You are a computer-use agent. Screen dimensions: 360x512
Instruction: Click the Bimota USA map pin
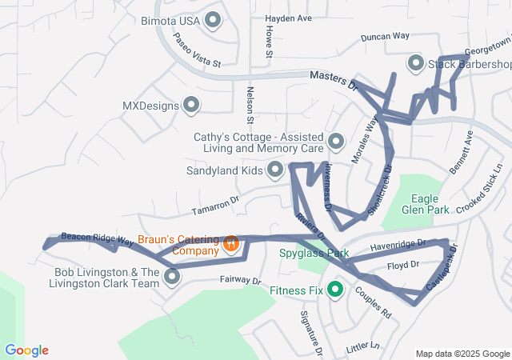click(213, 20)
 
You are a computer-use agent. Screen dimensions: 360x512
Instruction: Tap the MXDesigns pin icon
click(191, 105)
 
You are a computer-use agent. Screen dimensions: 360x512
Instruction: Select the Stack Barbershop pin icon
click(416, 63)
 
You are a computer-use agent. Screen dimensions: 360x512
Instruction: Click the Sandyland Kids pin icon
click(276, 170)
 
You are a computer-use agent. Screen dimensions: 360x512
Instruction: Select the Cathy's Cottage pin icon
click(336, 142)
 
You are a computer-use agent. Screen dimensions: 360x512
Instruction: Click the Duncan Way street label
click(385, 36)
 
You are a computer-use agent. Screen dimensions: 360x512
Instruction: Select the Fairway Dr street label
click(241, 281)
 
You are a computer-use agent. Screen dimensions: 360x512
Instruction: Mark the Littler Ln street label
click(362, 346)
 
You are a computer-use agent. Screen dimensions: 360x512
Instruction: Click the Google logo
click(26, 350)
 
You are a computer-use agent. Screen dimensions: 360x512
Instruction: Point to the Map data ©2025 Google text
click(462, 354)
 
